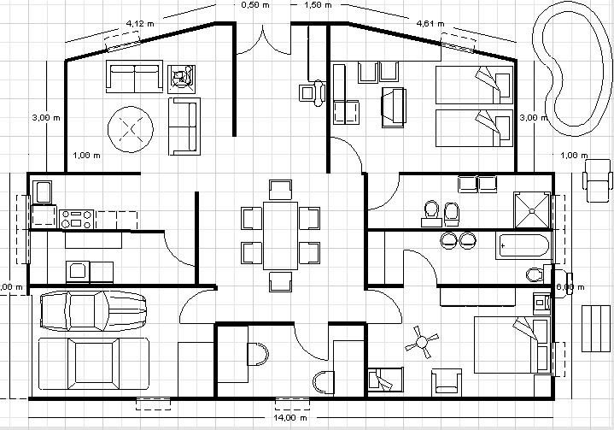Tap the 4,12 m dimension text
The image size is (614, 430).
click(x=139, y=23)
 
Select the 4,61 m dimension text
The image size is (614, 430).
click(x=430, y=23)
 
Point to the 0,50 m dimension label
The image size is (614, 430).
click(x=249, y=5)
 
